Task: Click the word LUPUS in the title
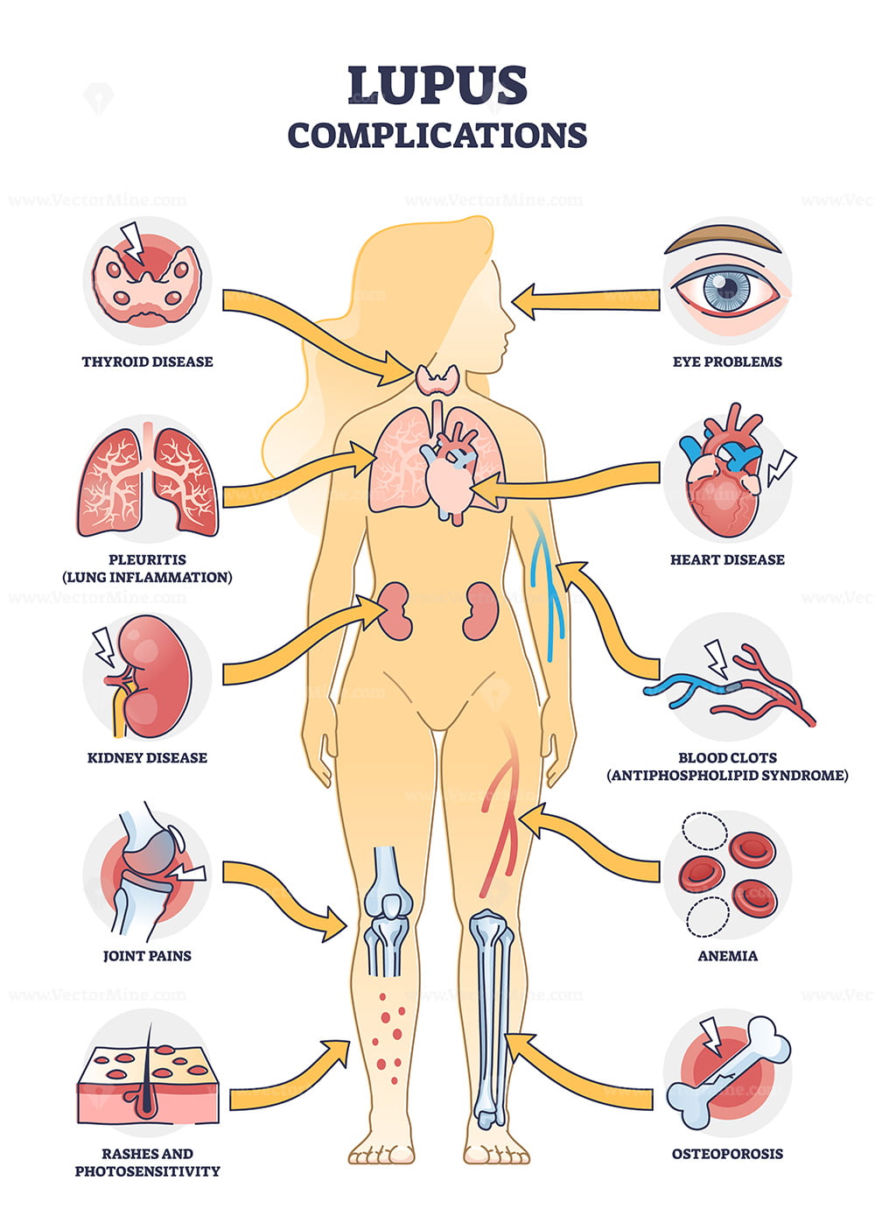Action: (437, 85)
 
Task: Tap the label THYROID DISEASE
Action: (147, 362)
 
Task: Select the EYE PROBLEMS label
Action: (727, 362)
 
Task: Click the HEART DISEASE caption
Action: (727, 559)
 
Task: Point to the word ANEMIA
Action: (727, 955)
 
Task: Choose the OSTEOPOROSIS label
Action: (727, 1154)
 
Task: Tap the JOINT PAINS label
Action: (147, 955)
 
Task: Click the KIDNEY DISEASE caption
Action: (147, 758)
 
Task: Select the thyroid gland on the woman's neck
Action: (437, 379)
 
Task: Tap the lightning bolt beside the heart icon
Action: (780, 468)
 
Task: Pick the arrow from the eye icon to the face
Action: (586, 300)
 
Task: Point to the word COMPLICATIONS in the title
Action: (437, 136)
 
